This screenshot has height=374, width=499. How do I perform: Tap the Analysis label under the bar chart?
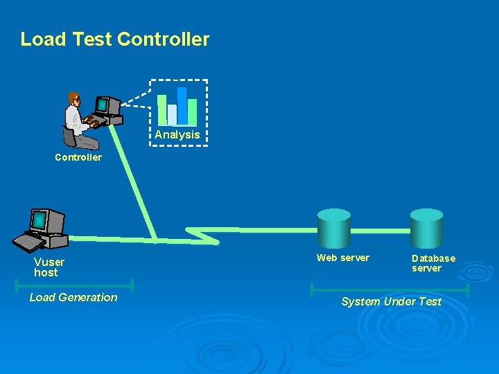click(177, 135)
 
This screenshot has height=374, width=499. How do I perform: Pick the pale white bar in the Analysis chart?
click(172, 114)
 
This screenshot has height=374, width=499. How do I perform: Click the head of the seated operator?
click(73, 99)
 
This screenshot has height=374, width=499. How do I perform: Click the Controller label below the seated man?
click(78, 157)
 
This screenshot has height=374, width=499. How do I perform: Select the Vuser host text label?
click(49, 267)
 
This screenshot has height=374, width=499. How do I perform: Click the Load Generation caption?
click(73, 298)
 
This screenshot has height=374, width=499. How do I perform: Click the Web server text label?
click(343, 258)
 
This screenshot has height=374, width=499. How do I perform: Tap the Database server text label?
click(433, 263)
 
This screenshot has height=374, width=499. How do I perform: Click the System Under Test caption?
click(391, 301)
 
